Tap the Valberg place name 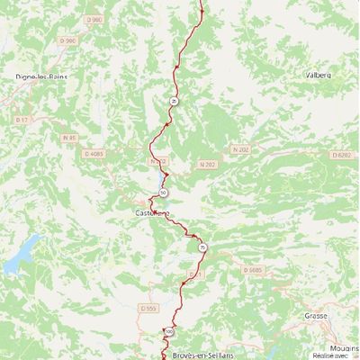tap(319, 76)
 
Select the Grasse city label tap(316, 316)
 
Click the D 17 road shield tap(23, 118)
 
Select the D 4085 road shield tap(97, 154)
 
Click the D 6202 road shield tap(340, 155)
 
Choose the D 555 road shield tap(148, 308)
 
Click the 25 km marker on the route tap(173, 102)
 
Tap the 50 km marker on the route tap(163, 193)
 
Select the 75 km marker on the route tap(202, 247)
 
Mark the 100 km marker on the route tap(168, 332)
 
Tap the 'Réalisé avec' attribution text tap(343, 355)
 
